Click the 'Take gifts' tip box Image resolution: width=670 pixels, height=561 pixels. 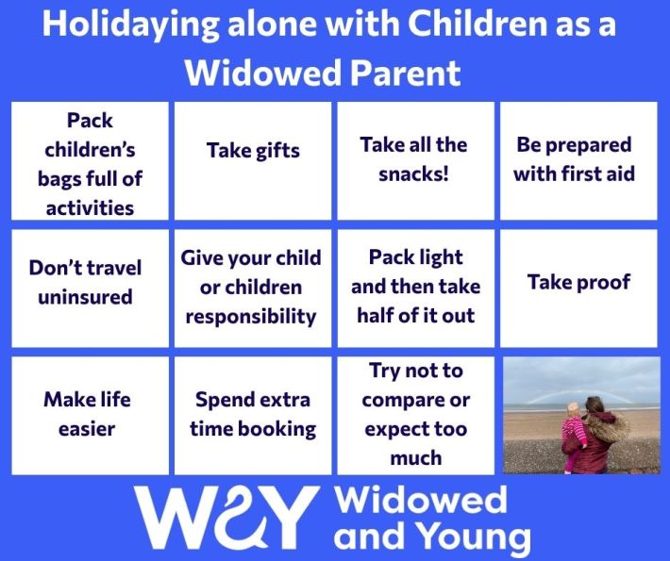[x=253, y=161]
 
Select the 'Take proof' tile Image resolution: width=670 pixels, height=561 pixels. [x=578, y=289]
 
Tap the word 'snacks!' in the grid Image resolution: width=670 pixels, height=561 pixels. [x=413, y=174]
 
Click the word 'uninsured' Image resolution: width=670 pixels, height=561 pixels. [x=85, y=297]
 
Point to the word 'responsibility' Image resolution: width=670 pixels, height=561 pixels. [x=251, y=317]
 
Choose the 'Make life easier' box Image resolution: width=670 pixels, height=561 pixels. [x=90, y=416]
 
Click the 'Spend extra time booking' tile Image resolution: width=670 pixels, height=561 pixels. [x=253, y=416]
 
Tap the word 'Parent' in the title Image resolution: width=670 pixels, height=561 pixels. [x=405, y=73]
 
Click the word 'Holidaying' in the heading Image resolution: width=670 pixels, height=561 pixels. [x=130, y=25]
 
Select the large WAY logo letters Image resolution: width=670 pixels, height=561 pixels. [x=226, y=517]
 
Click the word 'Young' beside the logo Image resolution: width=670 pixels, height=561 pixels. [x=474, y=536]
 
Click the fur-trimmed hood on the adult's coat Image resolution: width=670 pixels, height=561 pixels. [x=606, y=426]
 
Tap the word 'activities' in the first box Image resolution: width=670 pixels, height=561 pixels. [x=90, y=208]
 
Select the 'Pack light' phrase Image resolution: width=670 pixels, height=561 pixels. [x=415, y=257]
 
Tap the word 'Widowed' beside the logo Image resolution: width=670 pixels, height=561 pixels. [x=422, y=501]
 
